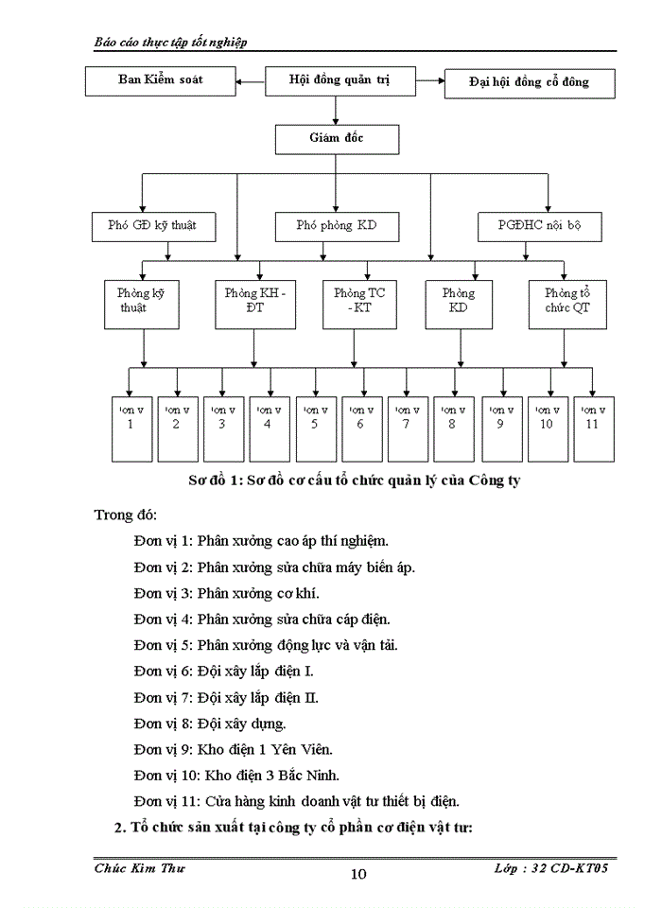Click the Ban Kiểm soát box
(160, 80)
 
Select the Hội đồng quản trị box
(340, 81)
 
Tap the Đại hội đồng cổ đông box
(530, 83)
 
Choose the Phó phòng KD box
(336, 226)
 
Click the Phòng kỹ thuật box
(141, 302)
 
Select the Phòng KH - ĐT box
(254, 302)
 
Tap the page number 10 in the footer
(358, 874)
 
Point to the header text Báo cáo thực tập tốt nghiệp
(172, 43)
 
